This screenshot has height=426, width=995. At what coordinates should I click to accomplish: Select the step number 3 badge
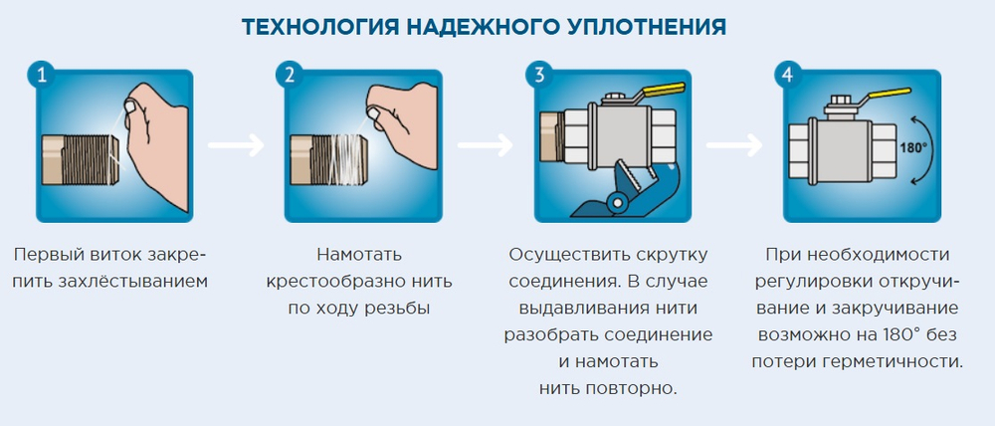pos(538,75)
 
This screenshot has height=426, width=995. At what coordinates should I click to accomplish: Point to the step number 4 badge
pos(788,75)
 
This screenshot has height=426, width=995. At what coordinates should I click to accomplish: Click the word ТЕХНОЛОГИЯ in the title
pos(321,27)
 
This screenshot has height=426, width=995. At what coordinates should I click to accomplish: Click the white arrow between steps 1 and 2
pos(237,144)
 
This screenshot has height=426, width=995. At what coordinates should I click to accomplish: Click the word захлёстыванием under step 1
pos(139,281)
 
